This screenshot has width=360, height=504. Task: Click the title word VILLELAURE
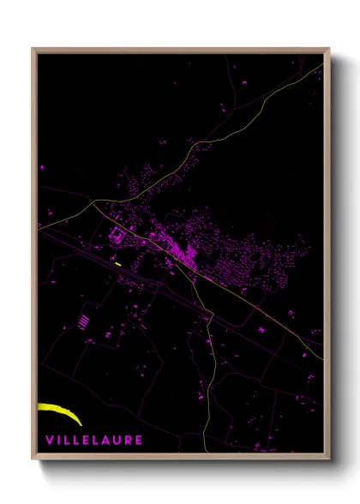93,440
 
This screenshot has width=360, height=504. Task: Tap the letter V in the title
49,440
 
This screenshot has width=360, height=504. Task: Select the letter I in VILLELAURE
58,440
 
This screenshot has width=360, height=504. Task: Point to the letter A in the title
105,440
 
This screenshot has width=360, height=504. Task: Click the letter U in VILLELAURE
117,440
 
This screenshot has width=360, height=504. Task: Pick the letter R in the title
128,440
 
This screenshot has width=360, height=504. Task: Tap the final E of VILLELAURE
138,440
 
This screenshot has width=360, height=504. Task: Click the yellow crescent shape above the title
60,411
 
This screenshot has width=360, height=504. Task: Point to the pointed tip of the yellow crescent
80,423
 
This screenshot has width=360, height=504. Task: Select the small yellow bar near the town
117,264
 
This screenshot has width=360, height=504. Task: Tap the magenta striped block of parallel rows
83,321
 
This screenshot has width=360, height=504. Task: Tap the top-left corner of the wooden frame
33,49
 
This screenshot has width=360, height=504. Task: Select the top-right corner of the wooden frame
329,49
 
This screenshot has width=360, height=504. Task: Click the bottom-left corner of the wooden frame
33,459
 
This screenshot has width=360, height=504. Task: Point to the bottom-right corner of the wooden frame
329,459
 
